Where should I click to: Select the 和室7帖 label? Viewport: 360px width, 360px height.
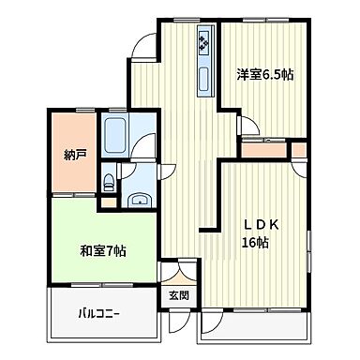click(x=103, y=251)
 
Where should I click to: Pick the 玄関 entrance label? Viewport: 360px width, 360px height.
click(x=178, y=294)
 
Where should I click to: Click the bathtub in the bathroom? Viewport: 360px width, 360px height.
click(x=115, y=138)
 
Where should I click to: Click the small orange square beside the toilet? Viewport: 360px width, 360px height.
click(x=108, y=199)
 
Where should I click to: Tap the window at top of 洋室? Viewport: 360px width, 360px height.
click(x=265, y=22)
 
